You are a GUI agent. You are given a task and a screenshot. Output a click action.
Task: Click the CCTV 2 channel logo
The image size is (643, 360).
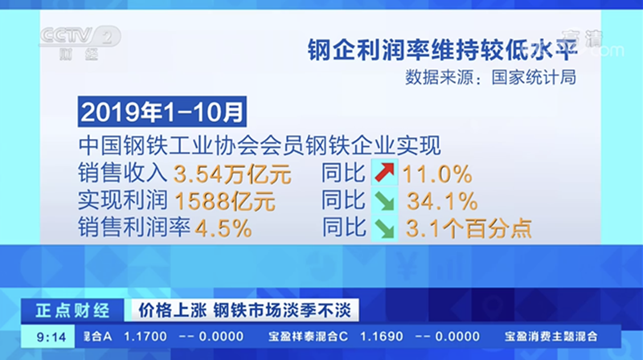click(x=80, y=43)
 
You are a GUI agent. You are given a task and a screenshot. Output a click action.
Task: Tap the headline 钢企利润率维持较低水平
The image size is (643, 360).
click(x=443, y=50)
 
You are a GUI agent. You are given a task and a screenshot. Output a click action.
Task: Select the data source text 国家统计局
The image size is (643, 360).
click(x=534, y=77)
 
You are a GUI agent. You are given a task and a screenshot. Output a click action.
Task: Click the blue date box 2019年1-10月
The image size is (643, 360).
click(x=162, y=112)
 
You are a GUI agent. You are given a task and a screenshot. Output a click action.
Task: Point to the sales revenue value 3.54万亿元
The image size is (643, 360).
click(x=232, y=174)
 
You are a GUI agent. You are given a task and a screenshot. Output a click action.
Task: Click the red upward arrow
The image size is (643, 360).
click(x=384, y=172)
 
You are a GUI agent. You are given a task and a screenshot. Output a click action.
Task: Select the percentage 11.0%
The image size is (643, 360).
click(x=437, y=174)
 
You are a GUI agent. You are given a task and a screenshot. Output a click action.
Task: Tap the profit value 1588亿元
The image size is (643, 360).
click(x=225, y=202)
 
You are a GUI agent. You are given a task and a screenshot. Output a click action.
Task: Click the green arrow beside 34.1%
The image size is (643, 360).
click(x=384, y=200)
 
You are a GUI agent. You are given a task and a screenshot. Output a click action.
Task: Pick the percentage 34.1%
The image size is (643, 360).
click(x=442, y=202)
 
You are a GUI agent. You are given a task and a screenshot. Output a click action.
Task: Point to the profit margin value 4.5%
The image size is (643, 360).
click(x=223, y=228)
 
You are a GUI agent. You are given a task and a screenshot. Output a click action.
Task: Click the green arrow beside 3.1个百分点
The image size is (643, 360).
click(x=384, y=228)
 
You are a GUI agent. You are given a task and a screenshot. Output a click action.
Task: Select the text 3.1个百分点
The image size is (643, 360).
click(x=469, y=228)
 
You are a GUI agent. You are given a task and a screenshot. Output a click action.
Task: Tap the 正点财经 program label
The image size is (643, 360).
click(x=72, y=310)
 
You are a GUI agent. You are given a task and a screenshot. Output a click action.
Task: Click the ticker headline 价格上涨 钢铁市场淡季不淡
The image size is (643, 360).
click(x=245, y=310)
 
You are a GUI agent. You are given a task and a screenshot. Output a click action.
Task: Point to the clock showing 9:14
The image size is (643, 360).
click(x=51, y=337)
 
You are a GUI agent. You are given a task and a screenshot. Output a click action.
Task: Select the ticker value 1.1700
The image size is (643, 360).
click(x=145, y=337)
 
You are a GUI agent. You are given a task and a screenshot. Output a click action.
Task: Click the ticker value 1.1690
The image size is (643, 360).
click(x=381, y=337)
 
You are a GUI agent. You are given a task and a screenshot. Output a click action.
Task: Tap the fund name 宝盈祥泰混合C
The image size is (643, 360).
click(x=308, y=337)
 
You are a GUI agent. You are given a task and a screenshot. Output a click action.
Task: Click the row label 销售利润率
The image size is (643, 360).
click(x=134, y=227)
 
